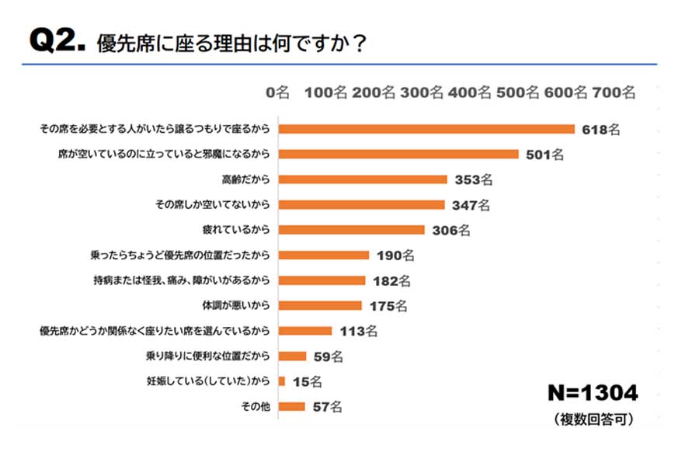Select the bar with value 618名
(x=426, y=129)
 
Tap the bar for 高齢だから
(x=363, y=179)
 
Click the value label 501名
(x=544, y=155)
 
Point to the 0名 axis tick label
(x=277, y=93)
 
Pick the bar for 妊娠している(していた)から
(x=281, y=381)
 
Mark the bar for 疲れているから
(x=351, y=230)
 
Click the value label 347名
(x=471, y=205)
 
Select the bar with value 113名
(x=304, y=331)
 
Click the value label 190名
(x=395, y=255)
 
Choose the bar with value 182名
(x=322, y=280)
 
